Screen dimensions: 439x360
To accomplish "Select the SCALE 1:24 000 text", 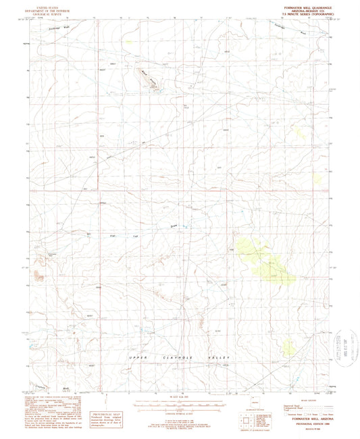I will [180, 396].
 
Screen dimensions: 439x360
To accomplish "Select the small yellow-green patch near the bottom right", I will [289, 346].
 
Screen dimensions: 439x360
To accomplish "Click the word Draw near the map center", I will [174, 226].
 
